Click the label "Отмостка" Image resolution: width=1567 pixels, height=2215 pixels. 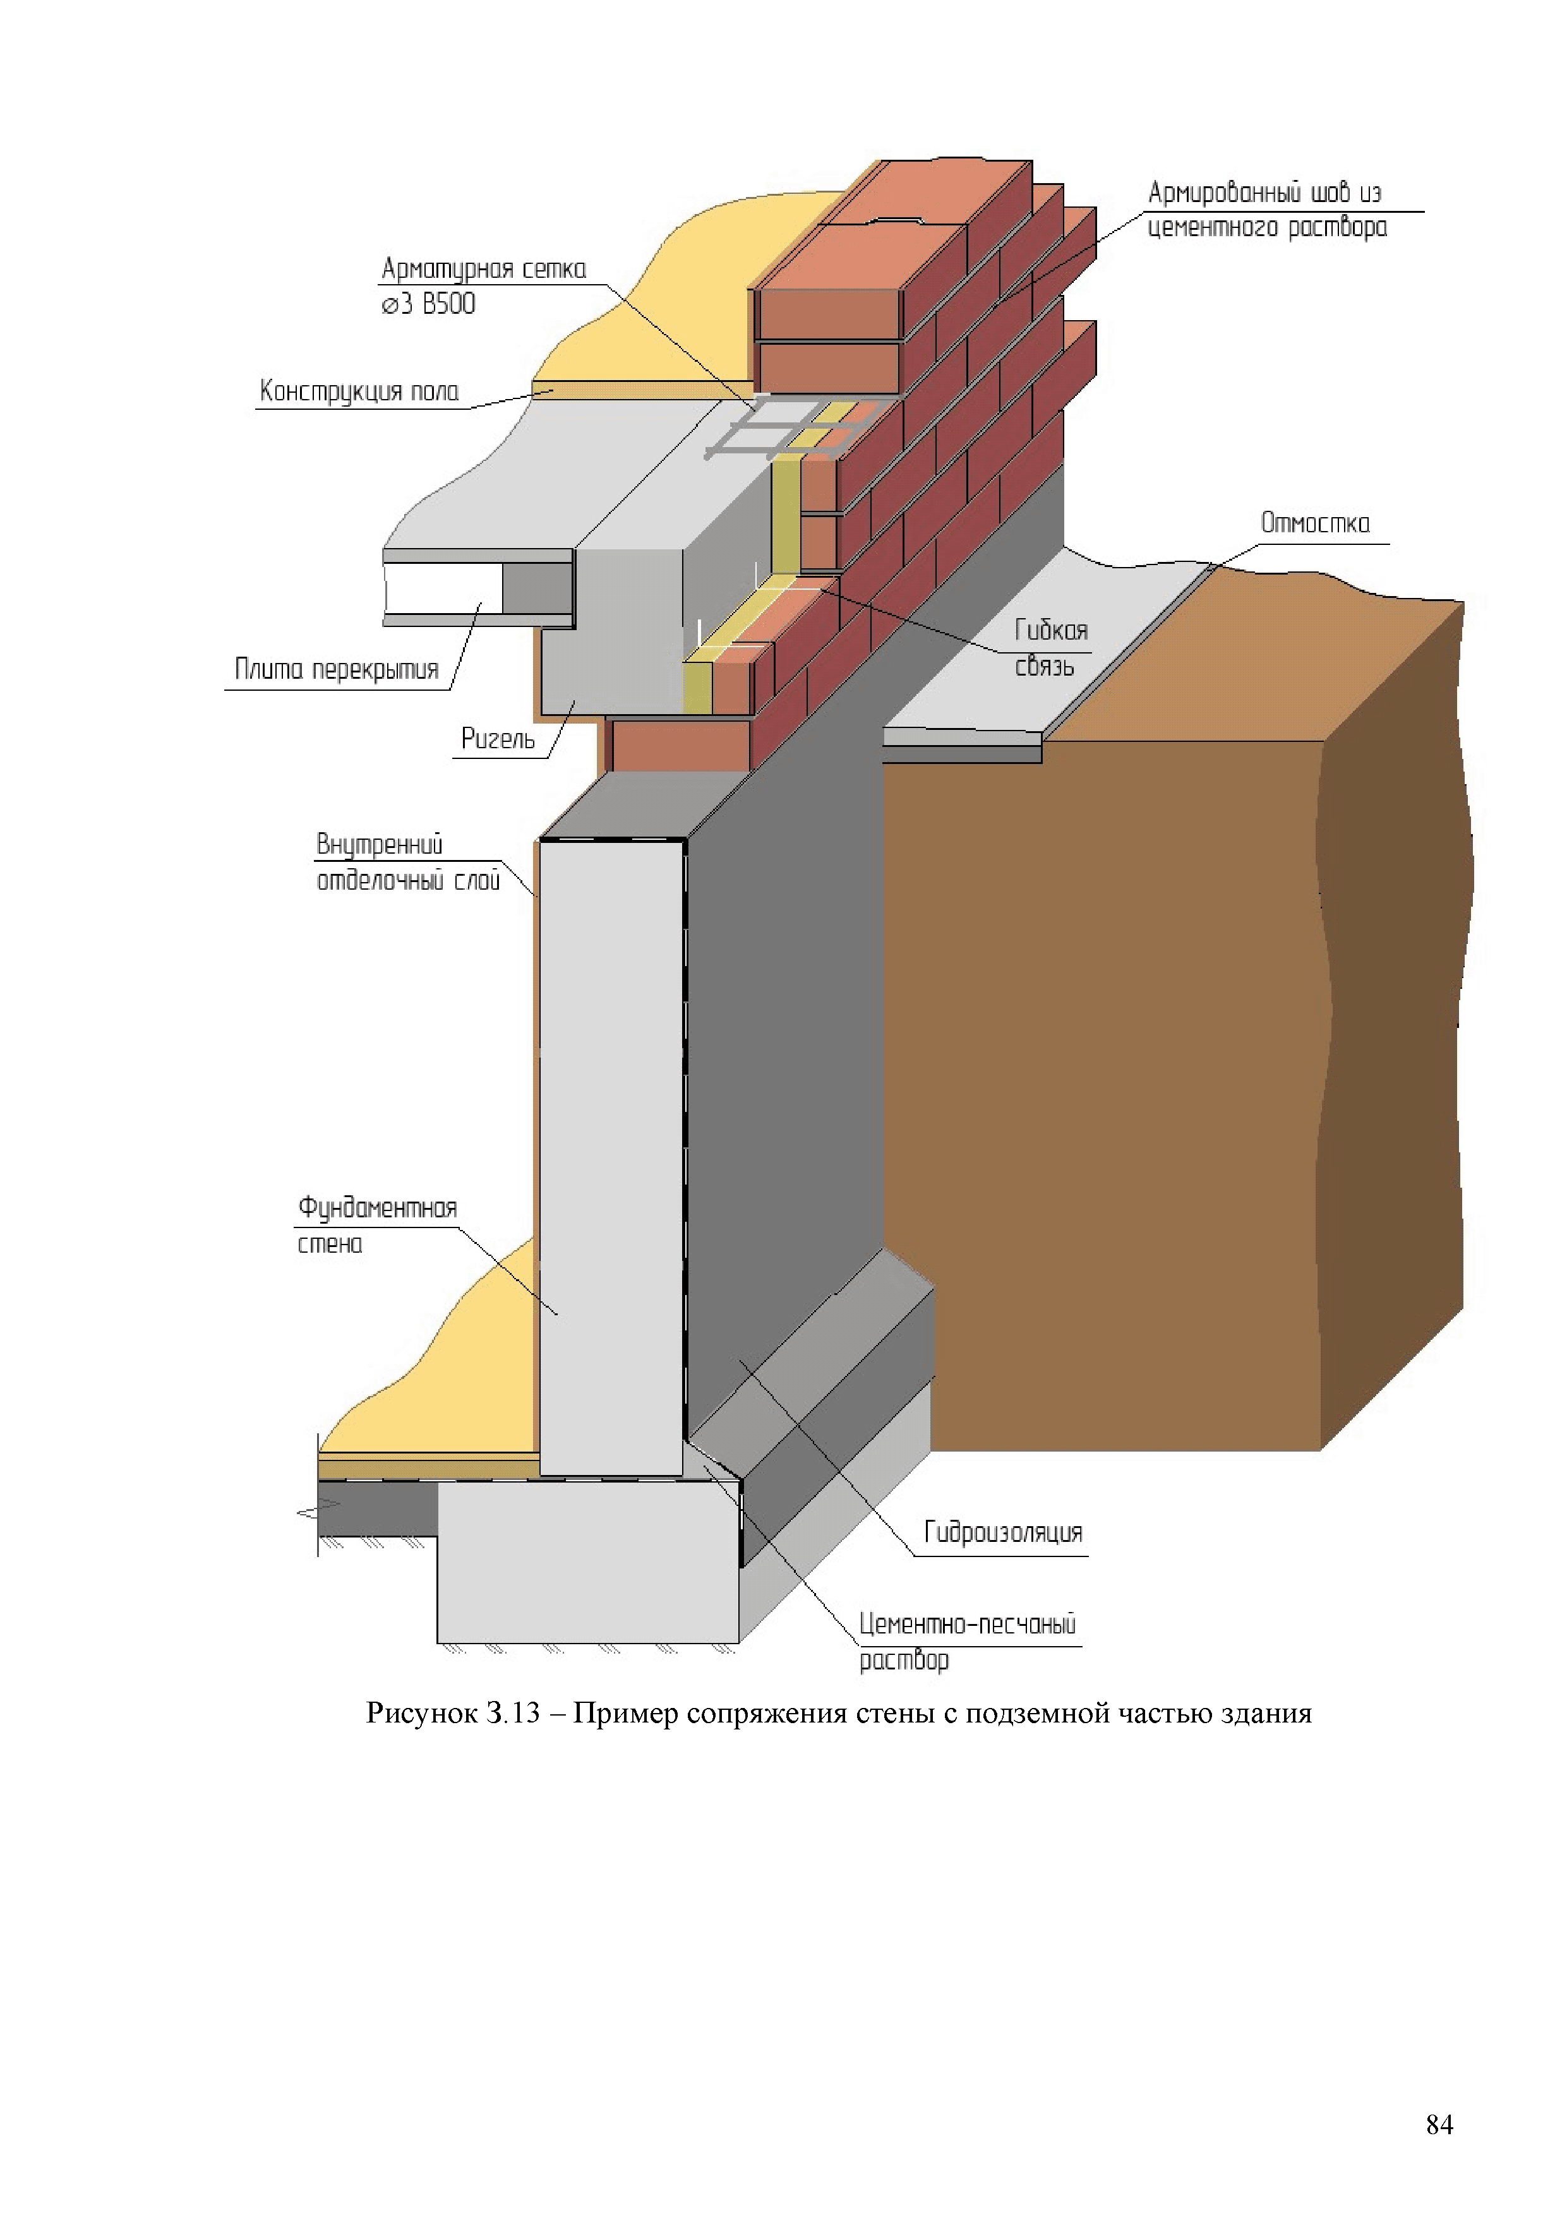point(1314,524)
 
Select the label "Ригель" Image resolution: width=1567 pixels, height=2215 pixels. point(497,739)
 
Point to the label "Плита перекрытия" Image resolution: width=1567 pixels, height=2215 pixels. point(336,669)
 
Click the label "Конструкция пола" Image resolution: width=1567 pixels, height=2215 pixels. point(359,391)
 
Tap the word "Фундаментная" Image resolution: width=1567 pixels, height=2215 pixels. point(376,1208)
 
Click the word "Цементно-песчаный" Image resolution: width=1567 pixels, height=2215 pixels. point(967,1623)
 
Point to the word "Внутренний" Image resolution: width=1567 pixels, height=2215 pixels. point(379,845)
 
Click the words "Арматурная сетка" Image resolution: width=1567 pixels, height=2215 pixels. point(483,269)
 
